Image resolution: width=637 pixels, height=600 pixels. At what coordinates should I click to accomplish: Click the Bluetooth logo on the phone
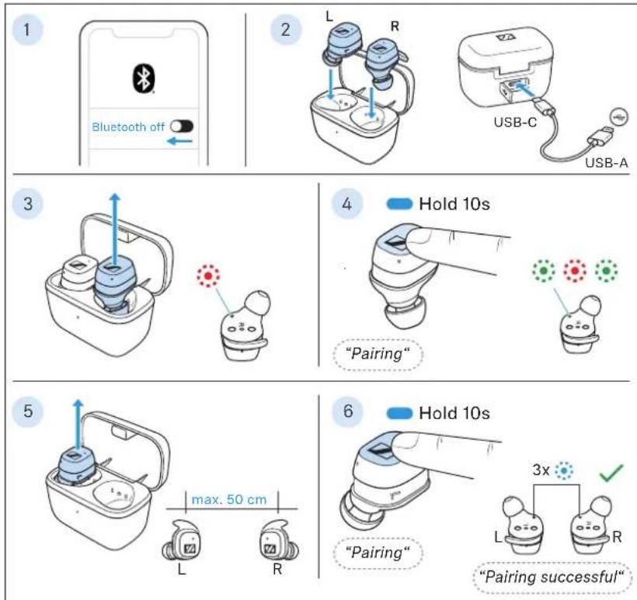tap(144, 78)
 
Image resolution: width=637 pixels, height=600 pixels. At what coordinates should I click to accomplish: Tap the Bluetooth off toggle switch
tap(182, 127)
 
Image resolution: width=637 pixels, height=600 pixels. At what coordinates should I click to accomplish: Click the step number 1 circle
tap(27, 29)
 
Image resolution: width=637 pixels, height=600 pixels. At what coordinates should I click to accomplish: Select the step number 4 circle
tap(346, 204)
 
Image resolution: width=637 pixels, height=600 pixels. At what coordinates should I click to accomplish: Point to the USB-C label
tap(515, 122)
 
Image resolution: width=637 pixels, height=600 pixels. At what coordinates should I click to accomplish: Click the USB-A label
tap(607, 163)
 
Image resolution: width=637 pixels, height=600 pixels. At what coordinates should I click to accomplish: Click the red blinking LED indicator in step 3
tap(208, 276)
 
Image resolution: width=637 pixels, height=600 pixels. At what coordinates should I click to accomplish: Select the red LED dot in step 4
tap(575, 270)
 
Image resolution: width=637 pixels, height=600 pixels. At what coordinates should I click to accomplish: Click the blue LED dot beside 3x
tap(564, 471)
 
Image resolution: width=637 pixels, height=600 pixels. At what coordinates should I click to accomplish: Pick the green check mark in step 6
tap(611, 473)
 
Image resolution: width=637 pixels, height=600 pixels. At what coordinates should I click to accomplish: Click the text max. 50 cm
tap(228, 499)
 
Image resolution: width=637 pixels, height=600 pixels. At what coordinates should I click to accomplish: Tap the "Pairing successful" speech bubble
tap(552, 577)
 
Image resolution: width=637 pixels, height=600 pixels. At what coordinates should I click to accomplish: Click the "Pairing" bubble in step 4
tap(378, 354)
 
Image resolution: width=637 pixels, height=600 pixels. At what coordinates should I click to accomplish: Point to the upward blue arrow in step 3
tap(116, 230)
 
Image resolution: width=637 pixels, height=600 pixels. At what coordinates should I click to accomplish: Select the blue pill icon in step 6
tap(400, 413)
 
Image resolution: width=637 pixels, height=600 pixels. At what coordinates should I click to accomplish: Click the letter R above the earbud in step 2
tap(395, 27)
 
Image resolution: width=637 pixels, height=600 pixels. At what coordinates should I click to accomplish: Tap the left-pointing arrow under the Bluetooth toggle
tap(179, 141)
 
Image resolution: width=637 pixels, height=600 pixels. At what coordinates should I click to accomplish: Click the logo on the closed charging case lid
tap(506, 38)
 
